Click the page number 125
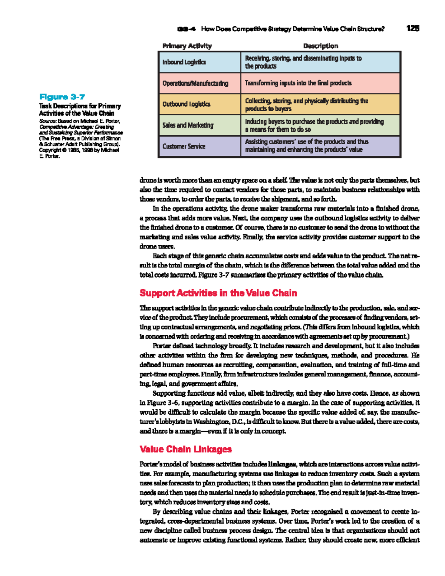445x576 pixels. pos(412,28)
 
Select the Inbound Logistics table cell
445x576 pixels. pos(184,62)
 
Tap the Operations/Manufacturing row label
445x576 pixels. pos(195,83)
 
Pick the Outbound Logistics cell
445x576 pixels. pos(186,104)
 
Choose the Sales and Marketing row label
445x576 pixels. pos(188,125)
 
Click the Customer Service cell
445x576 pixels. pos(184,147)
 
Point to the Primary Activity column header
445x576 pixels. pos(187,46)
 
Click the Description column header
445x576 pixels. pos(320,46)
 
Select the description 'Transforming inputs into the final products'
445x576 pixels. pos(298,83)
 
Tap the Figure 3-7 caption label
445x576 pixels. pos(62,97)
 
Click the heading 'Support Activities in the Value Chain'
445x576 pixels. pos(218,293)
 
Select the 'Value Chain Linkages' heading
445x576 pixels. pos(185,449)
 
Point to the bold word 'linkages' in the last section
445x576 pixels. pos(282,464)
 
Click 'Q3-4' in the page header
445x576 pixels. pos(187,29)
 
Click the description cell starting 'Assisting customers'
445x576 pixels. pos(306,146)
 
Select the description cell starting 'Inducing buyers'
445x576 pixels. pos(314,125)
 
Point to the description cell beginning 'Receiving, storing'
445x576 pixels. pos(303,62)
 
